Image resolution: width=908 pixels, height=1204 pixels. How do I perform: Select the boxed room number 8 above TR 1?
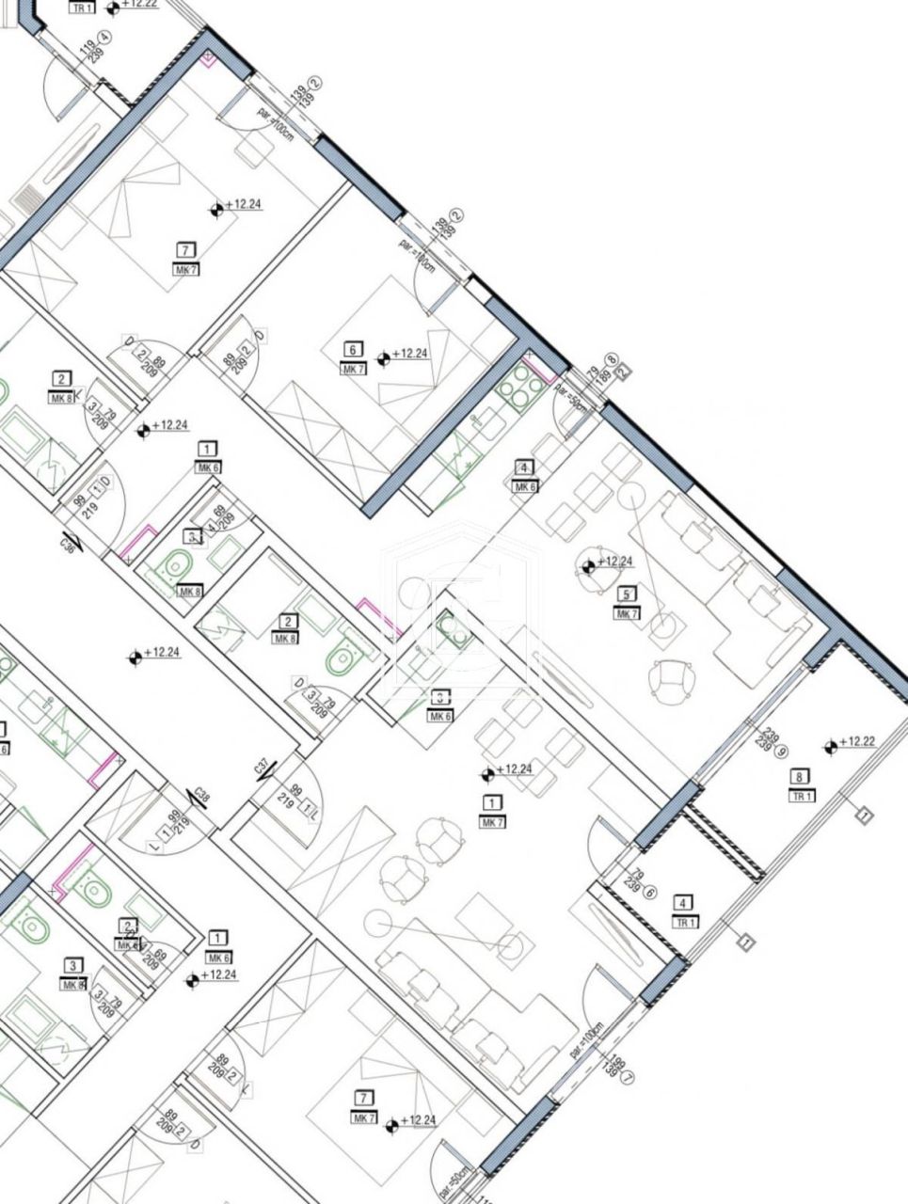tap(799, 777)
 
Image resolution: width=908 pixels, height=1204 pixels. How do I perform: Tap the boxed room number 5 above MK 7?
tap(625, 594)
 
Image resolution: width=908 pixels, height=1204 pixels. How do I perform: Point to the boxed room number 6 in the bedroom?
tap(353, 350)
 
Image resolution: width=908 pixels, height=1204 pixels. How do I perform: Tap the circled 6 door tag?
tap(648, 895)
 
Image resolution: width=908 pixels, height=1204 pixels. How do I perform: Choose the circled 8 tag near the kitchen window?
tap(612, 359)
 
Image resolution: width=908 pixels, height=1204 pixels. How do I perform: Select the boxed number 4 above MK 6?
tap(524, 467)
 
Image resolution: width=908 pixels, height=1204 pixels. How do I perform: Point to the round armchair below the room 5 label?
tap(674, 680)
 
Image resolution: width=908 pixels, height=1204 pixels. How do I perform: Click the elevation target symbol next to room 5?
tap(589, 566)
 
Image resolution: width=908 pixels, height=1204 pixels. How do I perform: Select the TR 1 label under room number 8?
tap(801, 796)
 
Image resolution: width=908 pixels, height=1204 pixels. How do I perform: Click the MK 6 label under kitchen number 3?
tap(439, 716)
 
